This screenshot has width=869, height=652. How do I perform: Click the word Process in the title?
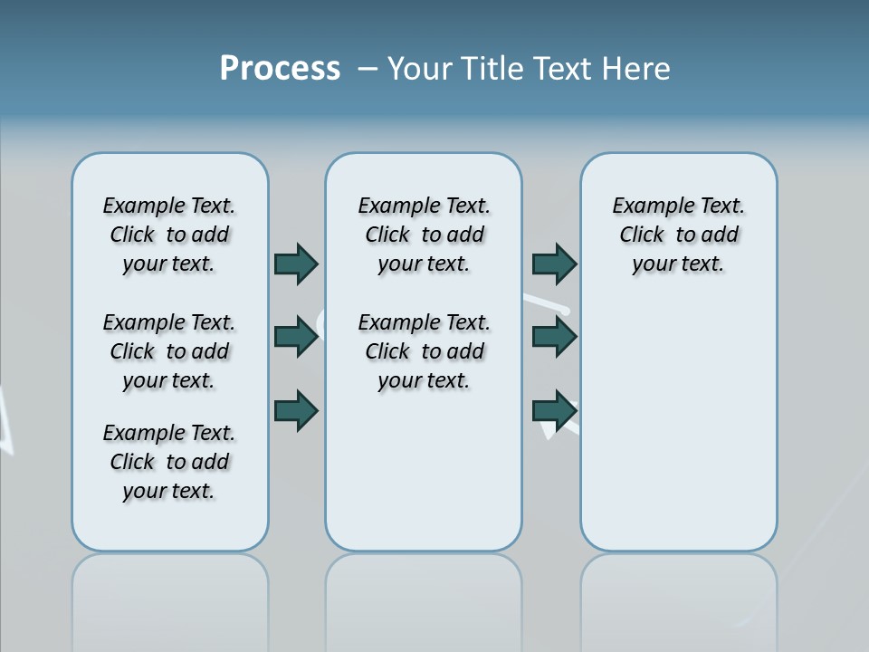[x=280, y=69]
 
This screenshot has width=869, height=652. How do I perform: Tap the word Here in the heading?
[x=636, y=69]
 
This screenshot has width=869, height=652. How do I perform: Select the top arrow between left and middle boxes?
[x=296, y=264]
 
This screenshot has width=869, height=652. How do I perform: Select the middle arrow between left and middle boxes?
[x=296, y=336]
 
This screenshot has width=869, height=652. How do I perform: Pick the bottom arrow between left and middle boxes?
[x=296, y=409]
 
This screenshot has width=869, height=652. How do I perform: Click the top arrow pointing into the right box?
[x=554, y=264]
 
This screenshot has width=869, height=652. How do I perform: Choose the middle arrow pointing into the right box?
[x=554, y=336]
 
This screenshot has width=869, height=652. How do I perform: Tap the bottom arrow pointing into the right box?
[x=554, y=409]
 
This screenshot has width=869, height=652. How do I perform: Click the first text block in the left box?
[x=169, y=235]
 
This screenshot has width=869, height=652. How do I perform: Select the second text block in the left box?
[x=169, y=351]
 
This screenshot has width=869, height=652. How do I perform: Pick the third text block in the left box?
[x=169, y=462]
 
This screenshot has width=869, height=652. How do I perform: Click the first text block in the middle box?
[x=424, y=235]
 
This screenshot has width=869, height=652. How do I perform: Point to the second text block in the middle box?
[x=424, y=351]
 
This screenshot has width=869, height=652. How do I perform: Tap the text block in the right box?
[x=678, y=235]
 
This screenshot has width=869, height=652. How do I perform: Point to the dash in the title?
[x=367, y=69]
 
